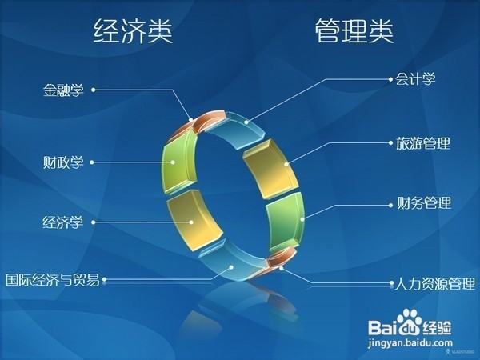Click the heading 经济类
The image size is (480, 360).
[133, 32]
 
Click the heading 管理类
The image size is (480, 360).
[354, 32]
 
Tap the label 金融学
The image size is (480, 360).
[64, 90]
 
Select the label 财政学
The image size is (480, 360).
[64, 161]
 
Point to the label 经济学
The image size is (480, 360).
[64, 222]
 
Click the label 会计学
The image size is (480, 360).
[415, 79]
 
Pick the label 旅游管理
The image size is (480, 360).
[423, 144]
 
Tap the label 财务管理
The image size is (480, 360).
[423, 202]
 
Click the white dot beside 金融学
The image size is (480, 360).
[94, 90]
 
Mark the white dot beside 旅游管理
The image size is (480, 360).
[390, 144]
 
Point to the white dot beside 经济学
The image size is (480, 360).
[93, 222]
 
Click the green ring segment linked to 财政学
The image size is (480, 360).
[178, 163]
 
